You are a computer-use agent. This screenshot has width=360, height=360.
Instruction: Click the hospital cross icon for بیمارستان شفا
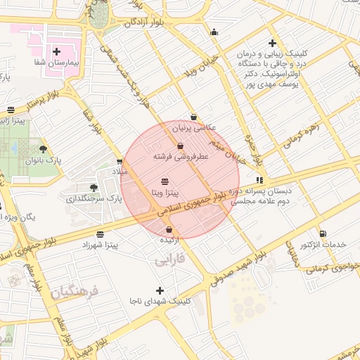56,51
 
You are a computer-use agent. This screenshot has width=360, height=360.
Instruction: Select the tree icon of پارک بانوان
44,149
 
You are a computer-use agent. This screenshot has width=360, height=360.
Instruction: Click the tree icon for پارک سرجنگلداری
94,187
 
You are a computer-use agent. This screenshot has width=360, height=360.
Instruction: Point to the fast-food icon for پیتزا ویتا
165,181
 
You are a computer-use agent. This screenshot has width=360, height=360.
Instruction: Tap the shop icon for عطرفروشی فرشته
181,146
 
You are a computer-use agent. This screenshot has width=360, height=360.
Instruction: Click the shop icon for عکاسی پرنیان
194,117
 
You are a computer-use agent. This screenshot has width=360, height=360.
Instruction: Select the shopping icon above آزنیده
169,230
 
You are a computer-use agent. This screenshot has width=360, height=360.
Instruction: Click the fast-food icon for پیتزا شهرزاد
100,234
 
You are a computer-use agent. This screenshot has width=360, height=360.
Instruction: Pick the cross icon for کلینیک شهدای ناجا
160,290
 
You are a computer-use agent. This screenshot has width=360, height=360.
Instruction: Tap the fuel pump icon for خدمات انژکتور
323,233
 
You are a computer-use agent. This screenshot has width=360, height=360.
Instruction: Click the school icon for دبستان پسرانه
260,180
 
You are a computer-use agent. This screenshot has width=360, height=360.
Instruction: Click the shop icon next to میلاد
119,162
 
